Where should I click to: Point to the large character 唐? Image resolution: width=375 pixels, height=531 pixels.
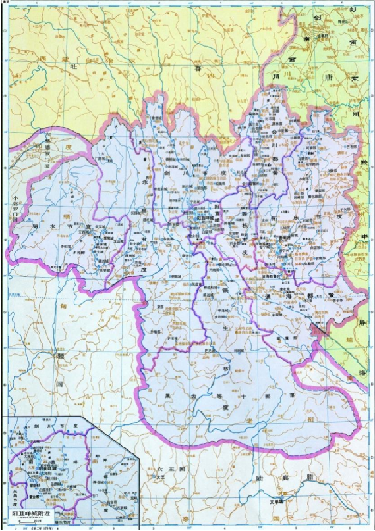(324, 76)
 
